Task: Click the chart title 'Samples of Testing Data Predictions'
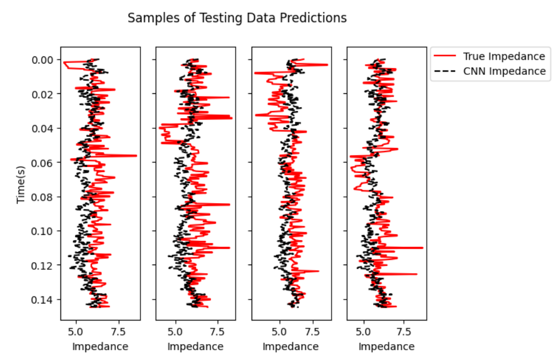(237, 18)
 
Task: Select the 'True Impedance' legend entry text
(504, 56)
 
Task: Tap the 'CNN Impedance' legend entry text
(504, 71)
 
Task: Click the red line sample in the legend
(445, 56)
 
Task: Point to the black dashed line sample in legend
(445, 71)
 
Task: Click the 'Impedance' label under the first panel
(100, 347)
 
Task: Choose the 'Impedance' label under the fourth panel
(386, 347)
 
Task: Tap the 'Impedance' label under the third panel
(291, 347)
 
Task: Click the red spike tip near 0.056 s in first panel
(136, 155)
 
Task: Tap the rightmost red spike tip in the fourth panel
(423, 248)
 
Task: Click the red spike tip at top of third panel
(327, 64)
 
